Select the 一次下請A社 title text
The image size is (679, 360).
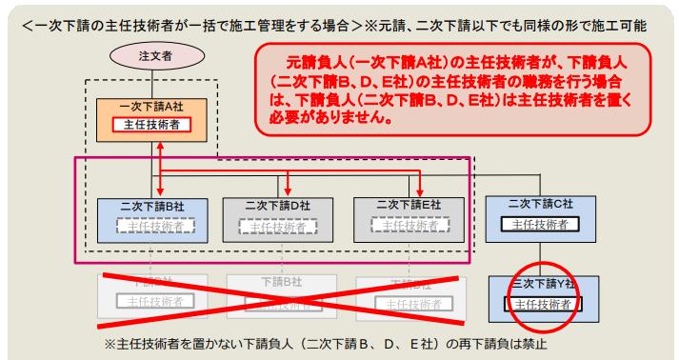point(151,106)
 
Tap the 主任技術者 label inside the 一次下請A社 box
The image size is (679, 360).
point(151,125)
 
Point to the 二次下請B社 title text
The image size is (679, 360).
point(152,205)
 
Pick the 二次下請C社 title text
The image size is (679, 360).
point(541,204)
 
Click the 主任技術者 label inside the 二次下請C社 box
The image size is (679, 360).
point(540,225)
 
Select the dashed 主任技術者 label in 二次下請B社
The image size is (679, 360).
point(152,226)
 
